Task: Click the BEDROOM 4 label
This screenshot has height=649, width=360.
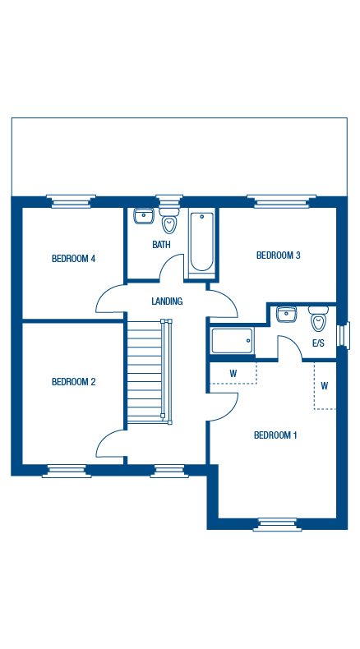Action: (73, 259)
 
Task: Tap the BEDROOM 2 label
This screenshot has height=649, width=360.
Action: (73, 381)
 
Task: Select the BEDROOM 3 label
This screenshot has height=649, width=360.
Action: (279, 255)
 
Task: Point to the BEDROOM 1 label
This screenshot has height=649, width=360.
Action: (275, 435)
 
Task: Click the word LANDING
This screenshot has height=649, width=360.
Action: (167, 301)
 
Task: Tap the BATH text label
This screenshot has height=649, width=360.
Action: (161, 244)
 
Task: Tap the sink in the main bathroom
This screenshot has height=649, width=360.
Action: (144, 217)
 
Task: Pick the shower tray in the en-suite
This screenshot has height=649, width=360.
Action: (232, 341)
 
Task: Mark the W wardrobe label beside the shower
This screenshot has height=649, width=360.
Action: (233, 374)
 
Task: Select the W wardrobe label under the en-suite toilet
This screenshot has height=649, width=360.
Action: (325, 385)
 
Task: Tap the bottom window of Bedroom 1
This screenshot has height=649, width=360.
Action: (276, 524)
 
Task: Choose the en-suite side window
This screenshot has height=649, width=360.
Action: (344, 334)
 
